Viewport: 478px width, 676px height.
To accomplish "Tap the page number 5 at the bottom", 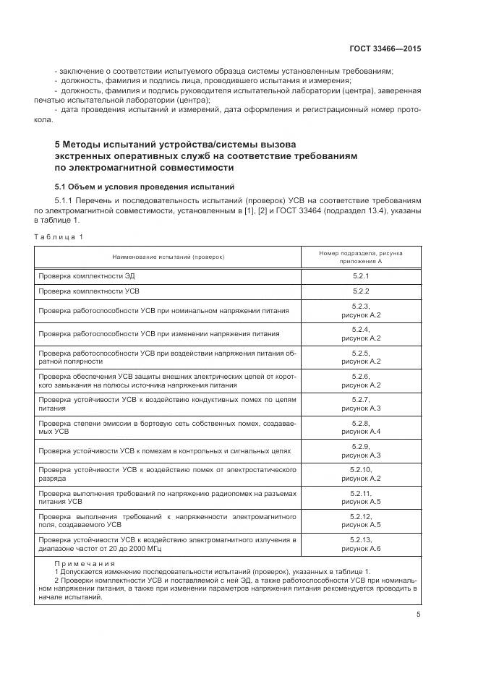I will [418, 615].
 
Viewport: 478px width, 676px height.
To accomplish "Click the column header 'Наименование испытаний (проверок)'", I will [168, 257].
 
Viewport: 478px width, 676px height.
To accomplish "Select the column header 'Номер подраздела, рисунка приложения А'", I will [360, 257].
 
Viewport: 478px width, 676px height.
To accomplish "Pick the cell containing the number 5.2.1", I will [360, 276].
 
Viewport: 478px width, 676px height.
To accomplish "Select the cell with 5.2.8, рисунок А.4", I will [360, 427].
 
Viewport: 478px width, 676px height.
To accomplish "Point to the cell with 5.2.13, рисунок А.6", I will [360, 544].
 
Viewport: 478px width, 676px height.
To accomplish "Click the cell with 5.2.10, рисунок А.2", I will [360, 474].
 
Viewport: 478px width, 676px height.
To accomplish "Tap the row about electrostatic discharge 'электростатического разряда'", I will [168, 474].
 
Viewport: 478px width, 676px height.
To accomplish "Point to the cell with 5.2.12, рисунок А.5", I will [360, 521].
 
